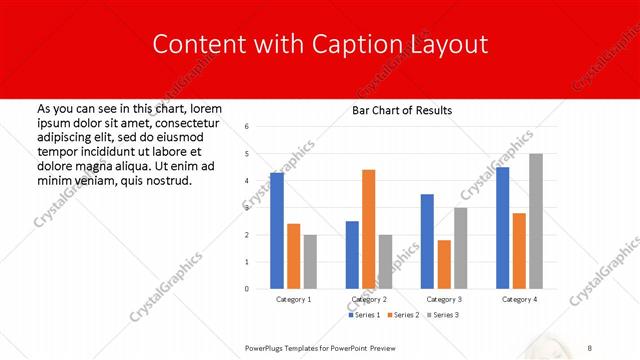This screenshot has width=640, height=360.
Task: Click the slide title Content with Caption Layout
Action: [x=319, y=45]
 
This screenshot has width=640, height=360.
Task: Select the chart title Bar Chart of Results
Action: [x=401, y=110]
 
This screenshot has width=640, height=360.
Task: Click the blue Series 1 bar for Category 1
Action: [x=276, y=230]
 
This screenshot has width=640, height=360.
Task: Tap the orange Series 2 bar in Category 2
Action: [x=368, y=229]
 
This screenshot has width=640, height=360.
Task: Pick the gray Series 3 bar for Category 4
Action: [x=536, y=221]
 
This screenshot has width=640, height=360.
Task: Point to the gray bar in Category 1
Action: [x=310, y=261]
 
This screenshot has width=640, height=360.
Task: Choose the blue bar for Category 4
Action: [x=502, y=227]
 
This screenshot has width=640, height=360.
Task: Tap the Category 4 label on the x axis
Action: [x=519, y=299]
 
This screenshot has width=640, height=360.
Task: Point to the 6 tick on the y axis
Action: [x=246, y=127]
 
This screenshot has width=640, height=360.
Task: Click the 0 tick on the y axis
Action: [x=246, y=289]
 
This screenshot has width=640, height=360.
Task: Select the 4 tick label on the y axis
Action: [x=246, y=181]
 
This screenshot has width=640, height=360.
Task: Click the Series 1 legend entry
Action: [x=364, y=315]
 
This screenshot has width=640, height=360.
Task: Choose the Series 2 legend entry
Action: [x=404, y=315]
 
